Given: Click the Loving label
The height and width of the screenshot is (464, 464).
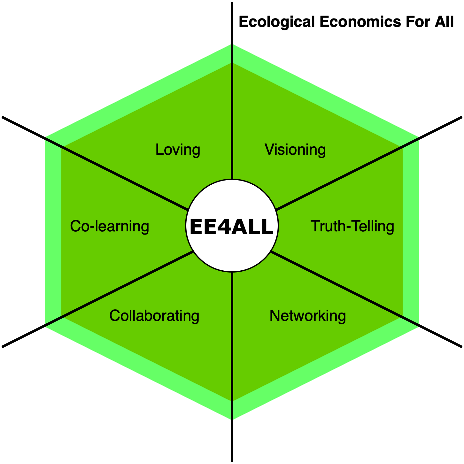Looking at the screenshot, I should [x=178, y=150].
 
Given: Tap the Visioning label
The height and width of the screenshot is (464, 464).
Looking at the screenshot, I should [x=295, y=150].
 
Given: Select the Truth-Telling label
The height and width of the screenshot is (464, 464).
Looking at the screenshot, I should [x=352, y=226].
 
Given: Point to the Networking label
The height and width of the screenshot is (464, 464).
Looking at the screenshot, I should [x=308, y=316].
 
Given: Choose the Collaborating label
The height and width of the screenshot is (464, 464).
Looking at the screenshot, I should [x=154, y=316].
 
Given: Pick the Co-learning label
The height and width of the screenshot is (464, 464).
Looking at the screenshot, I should [x=110, y=226].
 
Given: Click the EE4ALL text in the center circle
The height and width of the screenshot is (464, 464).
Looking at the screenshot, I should [x=232, y=227].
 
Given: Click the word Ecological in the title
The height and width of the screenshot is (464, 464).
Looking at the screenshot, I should [x=277, y=22].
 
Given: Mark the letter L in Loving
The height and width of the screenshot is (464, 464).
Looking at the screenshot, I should [x=159, y=150].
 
